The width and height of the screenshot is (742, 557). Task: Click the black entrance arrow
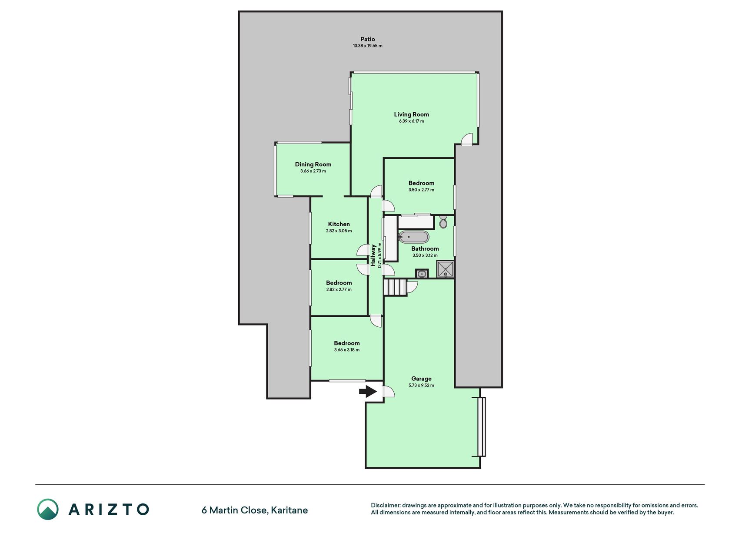click(x=368, y=392)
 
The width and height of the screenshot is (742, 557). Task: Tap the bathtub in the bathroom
click(x=414, y=237)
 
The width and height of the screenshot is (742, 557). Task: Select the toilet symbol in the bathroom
click(x=443, y=221)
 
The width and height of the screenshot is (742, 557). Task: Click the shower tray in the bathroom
click(x=446, y=269)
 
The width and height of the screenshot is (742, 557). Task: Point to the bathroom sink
click(x=422, y=274)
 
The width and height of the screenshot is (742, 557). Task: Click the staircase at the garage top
click(x=395, y=288)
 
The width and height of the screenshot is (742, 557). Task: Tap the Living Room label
click(x=411, y=114)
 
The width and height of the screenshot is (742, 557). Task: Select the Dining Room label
click(x=313, y=164)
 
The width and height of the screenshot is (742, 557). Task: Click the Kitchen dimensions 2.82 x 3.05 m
click(x=339, y=231)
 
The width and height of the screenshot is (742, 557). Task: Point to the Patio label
click(x=368, y=39)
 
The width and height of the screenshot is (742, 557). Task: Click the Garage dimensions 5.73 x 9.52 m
click(x=421, y=385)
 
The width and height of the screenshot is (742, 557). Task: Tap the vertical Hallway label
click(x=373, y=255)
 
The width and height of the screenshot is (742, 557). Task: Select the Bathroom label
click(x=425, y=249)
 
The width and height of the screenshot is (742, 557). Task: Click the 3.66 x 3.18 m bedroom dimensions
click(x=347, y=350)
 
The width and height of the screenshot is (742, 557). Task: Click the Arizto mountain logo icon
click(x=48, y=509)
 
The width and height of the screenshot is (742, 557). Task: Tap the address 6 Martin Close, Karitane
click(x=255, y=510)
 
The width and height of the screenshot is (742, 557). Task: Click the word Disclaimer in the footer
click(x=385, y=505)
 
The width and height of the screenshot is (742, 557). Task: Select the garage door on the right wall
click(x=481, y=426)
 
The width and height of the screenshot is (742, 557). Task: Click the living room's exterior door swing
click(x=466, y=139)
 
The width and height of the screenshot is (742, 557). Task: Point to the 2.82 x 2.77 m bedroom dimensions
click(x=339, y=289)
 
